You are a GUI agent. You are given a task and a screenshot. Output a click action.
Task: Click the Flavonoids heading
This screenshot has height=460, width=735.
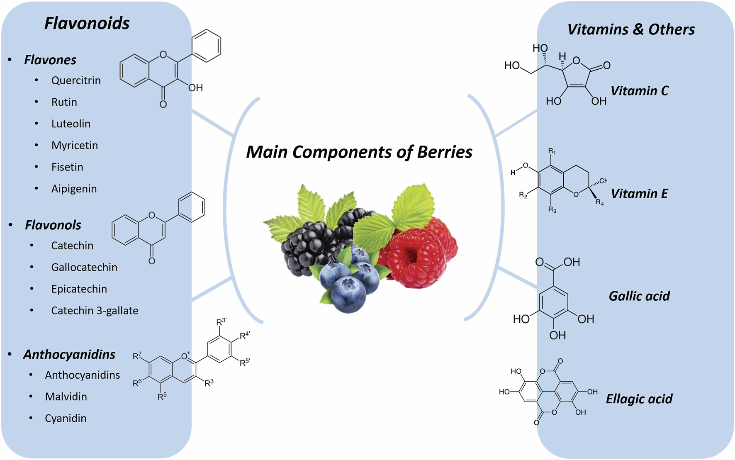(87, 23)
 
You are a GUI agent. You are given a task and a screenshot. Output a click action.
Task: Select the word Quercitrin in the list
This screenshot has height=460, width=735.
(76, 80)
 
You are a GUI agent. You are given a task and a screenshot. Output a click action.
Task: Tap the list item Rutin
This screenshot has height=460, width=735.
(64, 102)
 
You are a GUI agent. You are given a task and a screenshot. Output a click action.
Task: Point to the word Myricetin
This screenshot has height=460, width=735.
(75, 146)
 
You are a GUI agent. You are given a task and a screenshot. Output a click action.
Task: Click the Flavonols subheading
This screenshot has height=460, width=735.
(53, 225)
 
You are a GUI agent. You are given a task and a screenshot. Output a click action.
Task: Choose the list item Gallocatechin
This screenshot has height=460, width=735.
(84, 268)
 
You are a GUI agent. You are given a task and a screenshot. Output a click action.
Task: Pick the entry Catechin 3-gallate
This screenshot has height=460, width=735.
(95, 311)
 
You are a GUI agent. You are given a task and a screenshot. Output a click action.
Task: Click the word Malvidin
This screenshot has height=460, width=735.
(66, 397)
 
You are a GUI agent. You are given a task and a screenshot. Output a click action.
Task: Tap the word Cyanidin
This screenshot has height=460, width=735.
(66, 419)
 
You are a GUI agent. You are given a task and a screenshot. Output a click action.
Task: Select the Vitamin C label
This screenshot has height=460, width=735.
(639, 91)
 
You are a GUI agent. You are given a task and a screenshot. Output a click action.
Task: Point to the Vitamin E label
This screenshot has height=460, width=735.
(639, 194)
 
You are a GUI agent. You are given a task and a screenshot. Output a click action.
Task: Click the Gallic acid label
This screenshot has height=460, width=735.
(639, 296)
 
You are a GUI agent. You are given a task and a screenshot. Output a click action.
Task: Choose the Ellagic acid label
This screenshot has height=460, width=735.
(639, 399)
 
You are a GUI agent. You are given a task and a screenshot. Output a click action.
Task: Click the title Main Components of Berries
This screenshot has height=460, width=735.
(359, 152)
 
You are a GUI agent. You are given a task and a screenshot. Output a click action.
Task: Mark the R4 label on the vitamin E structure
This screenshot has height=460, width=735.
(600, 202)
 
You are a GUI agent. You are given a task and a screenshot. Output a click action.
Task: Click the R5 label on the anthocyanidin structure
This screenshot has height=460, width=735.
(162, 396)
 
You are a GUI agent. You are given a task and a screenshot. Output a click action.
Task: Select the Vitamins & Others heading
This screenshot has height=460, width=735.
(631, 29)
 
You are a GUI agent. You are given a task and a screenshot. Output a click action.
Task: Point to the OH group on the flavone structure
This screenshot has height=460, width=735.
(195, 88)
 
